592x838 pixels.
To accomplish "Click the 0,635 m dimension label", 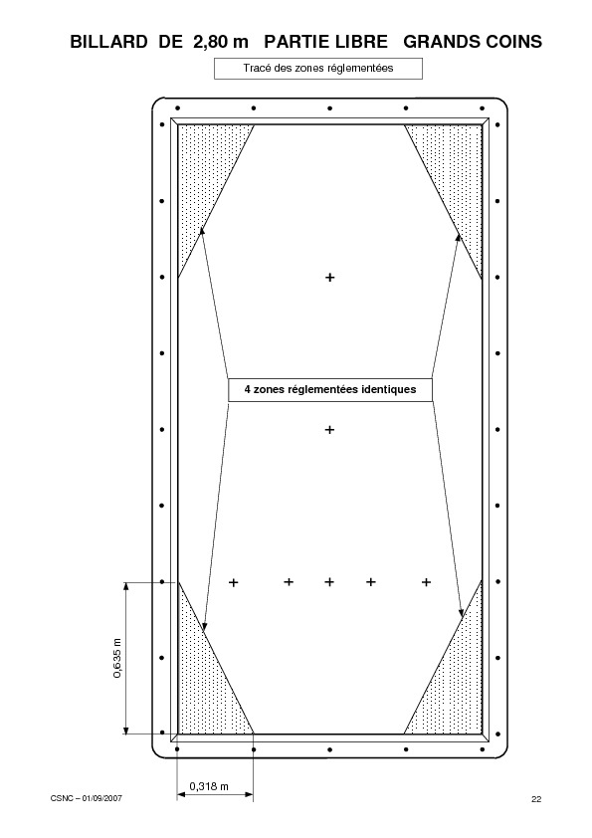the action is pos(117,658).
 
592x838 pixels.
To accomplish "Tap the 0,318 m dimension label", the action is pos(209,786).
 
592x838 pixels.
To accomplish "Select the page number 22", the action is pos(536,799).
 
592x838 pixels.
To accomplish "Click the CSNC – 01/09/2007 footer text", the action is pos(86,798).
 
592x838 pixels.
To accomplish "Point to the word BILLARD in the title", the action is pos(108,42).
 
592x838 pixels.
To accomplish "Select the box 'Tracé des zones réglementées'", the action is pos(318,69).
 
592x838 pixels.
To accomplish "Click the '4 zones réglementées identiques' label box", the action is pos(330,389).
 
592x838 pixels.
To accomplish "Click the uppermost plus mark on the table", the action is pos(330,278).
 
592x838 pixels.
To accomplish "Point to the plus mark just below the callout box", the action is pos(329,430).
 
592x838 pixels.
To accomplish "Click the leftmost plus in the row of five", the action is pos(234,582).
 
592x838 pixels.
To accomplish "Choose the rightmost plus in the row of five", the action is pos(426,582).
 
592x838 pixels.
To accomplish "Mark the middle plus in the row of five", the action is pos(329,581).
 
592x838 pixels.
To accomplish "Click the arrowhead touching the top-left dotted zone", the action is pos(202,230).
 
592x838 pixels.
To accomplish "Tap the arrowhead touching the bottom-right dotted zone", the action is pos(461,613).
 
